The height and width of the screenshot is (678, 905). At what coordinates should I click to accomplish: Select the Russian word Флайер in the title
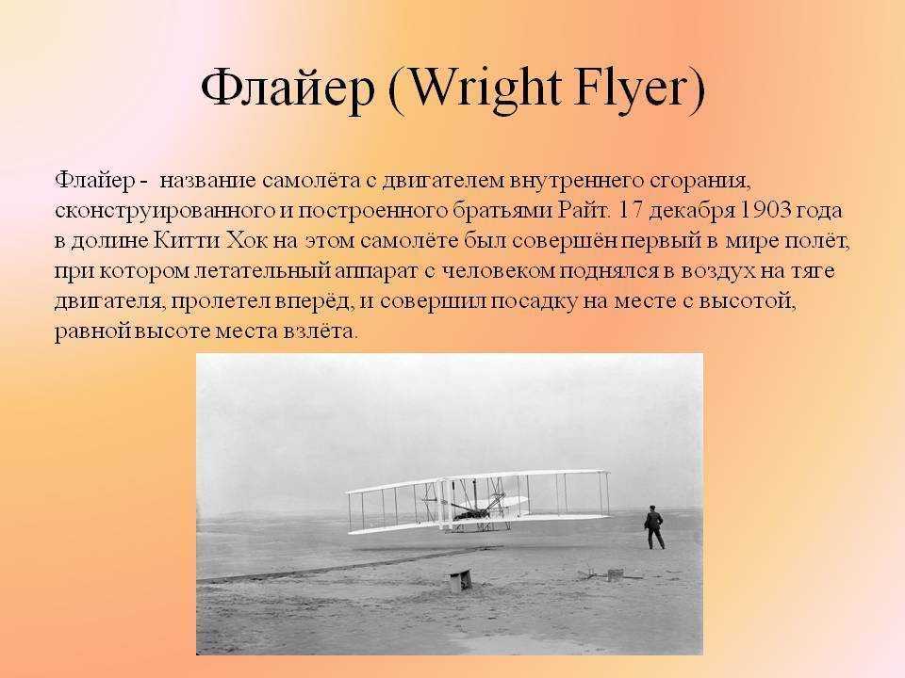pos(287,89)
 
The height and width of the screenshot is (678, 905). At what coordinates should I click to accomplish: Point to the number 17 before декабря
pos(631,210)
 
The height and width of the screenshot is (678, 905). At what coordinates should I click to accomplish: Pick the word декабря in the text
pos(691,211)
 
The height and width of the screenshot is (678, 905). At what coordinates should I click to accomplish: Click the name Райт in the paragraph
pos(584,210)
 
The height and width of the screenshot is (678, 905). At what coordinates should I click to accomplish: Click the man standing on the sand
pos(654,527)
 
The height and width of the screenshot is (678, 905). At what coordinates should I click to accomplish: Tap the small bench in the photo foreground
pos(461,579)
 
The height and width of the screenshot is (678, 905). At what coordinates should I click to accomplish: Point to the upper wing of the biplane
pos(478,479)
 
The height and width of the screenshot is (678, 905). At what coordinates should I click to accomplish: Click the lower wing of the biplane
pos(479,523)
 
